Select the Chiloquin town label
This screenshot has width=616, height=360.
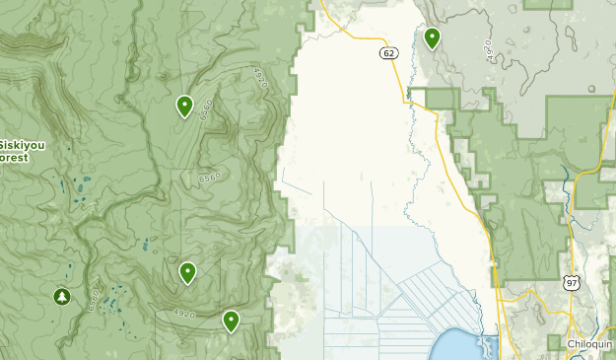[590, 343]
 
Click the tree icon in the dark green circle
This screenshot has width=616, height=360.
[62, 296]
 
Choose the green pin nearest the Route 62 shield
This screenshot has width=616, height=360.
[432, 38]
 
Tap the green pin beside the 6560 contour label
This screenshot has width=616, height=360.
[184, 106]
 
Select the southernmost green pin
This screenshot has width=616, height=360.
[231, 320]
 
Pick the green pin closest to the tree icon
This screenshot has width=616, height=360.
[187, 272]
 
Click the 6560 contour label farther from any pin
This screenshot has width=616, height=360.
[209, 178]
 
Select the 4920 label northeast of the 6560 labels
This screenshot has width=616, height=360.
[259, 76]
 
